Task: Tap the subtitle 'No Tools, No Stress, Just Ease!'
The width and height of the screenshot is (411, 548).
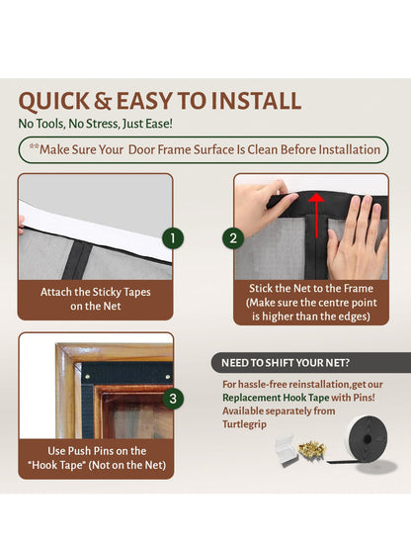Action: coord(95,124)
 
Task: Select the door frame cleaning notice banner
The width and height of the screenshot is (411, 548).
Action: coord(204,149)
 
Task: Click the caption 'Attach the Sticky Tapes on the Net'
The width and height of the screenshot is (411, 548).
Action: coord(96,300)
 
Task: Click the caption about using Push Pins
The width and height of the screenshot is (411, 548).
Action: coord(96,458)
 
